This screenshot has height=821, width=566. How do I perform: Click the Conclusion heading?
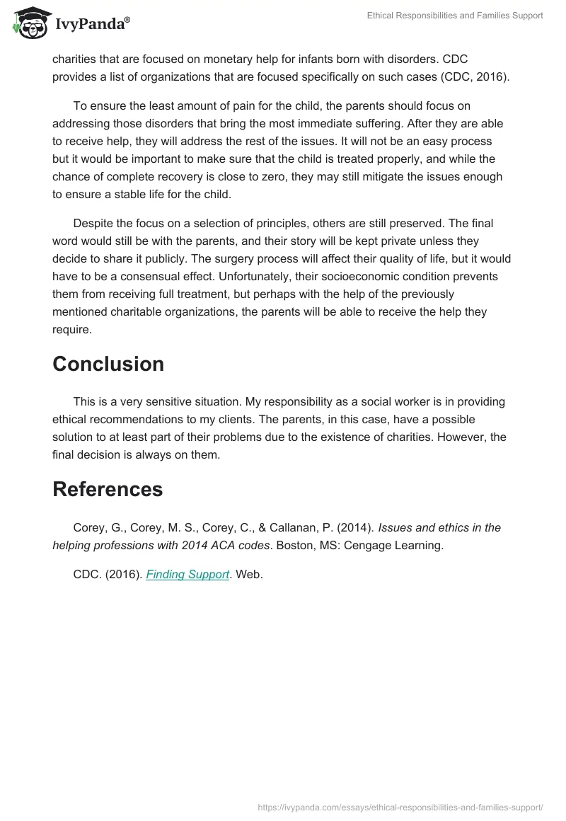pyautogui.click(x=108, y=364)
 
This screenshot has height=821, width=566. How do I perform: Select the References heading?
pyautogui.click(x=108, y=489)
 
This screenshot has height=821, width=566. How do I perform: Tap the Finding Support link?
pyautogui.click(x=187, y=575)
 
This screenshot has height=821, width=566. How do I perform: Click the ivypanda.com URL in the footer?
pyautogui.click(x=401, y=806)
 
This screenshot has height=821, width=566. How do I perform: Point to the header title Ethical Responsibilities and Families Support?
pyautogui.click(x=455, y=16)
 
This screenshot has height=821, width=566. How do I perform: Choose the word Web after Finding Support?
pyautogui.click(x=249, y=575)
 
